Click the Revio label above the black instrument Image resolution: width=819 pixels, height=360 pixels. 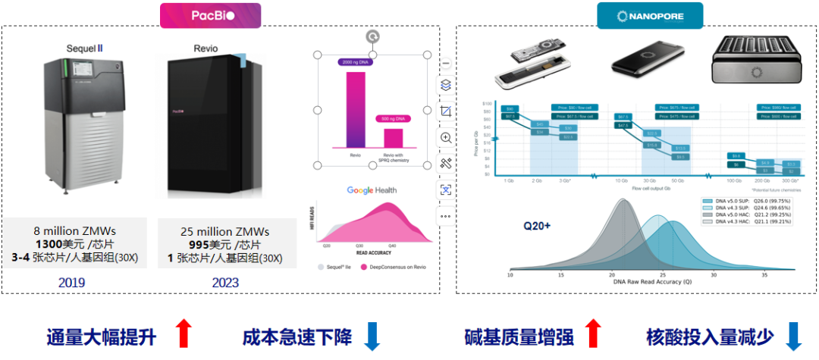(x=205, y=49)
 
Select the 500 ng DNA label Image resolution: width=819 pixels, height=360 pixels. (x=392, y=118)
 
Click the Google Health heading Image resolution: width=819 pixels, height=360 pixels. (x=372, y=190)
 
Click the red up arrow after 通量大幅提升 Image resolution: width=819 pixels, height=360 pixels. (x=183, y=333)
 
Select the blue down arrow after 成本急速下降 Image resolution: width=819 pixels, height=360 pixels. (x=372, y=336)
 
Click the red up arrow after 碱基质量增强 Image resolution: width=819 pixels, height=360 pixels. (x=593, y=333)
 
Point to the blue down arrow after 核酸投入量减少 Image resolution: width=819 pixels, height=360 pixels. (x=793, y=336)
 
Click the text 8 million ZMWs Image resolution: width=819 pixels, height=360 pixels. (x=74, y=231)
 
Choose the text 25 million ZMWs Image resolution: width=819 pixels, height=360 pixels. (x=225, y=231)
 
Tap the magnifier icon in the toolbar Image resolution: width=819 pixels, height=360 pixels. (x=446, y=137)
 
